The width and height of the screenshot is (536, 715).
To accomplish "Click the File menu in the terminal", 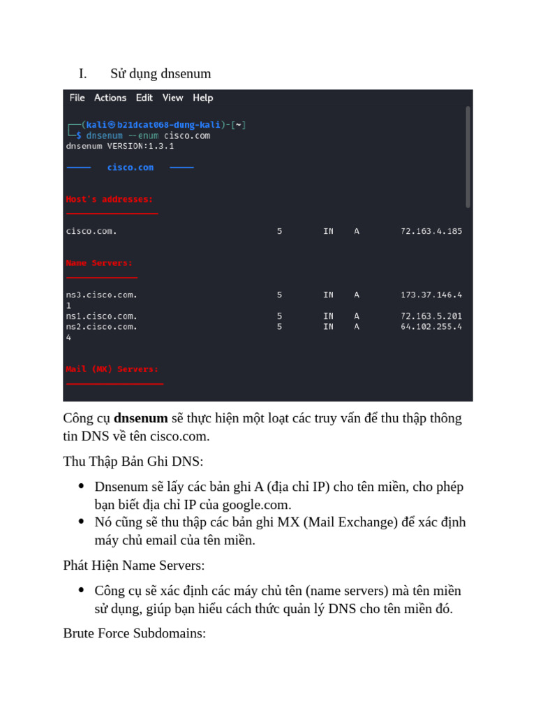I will pyautogui.click(x=77, y=98).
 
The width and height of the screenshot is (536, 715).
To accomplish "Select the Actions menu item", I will pyautogui.click(x=110, y=98).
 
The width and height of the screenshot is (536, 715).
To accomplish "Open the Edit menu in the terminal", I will pyautogui.click(x=144, y=98).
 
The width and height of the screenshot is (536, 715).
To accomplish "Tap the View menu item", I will pyautogui.click(x=172, y=98).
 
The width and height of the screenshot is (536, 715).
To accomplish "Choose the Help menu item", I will pyautogui.click(x=203, y=98).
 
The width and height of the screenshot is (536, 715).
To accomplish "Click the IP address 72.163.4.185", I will pyautogui.click(x=431, y=231).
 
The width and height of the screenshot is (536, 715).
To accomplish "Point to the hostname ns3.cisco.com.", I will pyautogui.click(x=102, y=295).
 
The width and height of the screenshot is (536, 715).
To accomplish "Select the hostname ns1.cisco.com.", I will pyautogui.click(x=102, y=316).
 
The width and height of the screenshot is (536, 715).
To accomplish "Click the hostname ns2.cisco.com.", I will pyautogui.click(x=102, y=327).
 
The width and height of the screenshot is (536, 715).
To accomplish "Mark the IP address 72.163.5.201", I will pyautogui.click(x=431, y=316).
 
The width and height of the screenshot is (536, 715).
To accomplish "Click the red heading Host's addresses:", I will pyautogui.click(x=110, y=200).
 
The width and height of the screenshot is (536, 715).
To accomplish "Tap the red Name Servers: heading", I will pyautogui.click(x=99, y=263).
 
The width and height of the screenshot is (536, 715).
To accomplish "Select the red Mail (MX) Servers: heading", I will pyautogui.click(x=112, y=369).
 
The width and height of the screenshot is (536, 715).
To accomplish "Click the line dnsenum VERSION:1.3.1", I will pyautogui.click(x=120, y=147).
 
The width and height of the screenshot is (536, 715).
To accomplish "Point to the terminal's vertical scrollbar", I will pyautogui.click(x=468, y=157).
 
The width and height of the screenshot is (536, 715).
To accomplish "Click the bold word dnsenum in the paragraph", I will pyautogui.click(x=140, y=418).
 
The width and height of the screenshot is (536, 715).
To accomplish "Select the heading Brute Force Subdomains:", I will pyautogui.click(x=134, y=633).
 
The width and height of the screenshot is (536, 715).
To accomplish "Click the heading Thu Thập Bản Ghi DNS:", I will pyautogui.click(x=133, y=462).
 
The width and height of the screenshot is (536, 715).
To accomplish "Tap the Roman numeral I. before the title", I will pyautogui.click(x=82, y=74).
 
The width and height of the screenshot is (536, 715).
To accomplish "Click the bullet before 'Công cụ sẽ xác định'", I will pyautogui.click(x=82, y=591).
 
